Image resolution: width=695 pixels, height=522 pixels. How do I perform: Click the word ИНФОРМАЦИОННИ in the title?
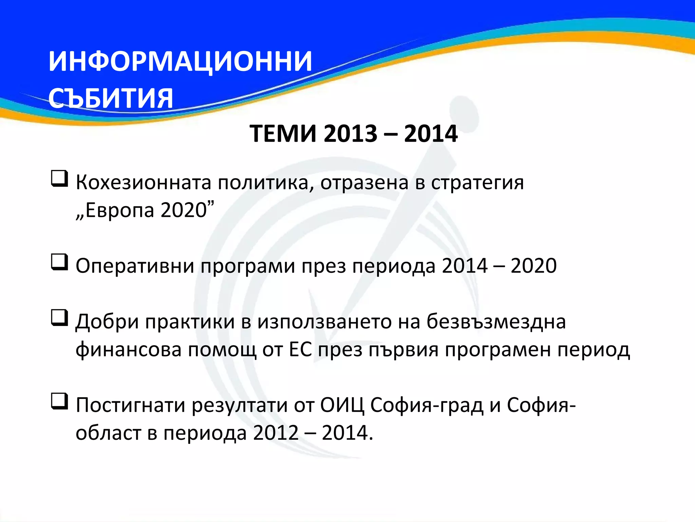click(x=180, y=62)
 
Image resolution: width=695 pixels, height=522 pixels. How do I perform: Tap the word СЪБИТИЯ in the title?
click(x=111, y=99)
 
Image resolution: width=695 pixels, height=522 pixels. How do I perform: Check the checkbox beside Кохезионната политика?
click(x=59, y=179)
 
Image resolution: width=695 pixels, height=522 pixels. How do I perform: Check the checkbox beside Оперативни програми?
click(x=59, y=262)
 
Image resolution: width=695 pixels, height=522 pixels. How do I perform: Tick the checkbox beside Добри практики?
click(x=59, y=318)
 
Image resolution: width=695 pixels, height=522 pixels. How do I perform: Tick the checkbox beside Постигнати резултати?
click(x=59, y=401)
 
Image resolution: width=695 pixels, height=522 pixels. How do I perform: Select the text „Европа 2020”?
click(x=145, y=210)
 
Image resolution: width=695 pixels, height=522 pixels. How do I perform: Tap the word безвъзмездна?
click(x=496, y=321)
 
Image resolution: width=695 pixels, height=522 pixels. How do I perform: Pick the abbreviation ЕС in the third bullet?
click(x=300, y=349)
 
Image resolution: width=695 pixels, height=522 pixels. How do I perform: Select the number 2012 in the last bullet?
click(x=276, y=433)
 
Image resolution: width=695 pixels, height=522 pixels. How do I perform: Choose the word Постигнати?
click(x=130, y=405)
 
